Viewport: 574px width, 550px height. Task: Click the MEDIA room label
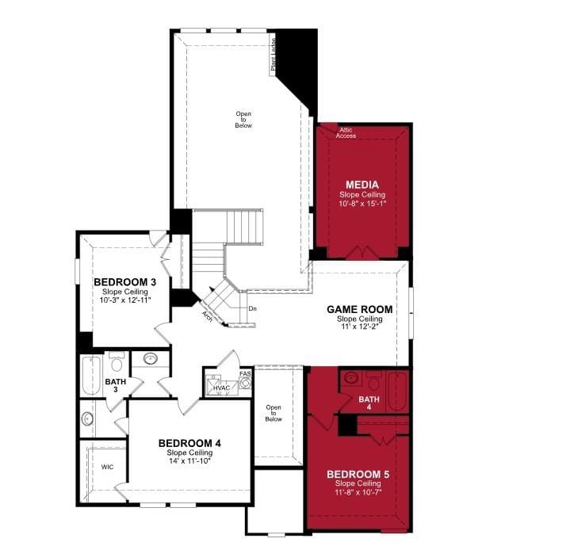362,185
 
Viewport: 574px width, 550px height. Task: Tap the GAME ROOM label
359,310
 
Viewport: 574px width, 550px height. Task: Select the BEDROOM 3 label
124,282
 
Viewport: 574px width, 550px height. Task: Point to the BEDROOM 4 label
189,443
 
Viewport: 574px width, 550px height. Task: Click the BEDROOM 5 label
358,475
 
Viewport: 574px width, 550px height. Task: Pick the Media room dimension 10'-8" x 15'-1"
362,204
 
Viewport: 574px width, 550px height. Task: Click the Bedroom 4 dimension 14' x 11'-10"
189,460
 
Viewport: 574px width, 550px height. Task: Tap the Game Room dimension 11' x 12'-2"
359,327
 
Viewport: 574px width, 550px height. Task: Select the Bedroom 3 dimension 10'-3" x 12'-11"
125,300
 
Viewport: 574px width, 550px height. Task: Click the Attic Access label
346,133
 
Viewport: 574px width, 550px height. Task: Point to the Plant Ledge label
273,55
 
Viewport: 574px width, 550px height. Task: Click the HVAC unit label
221,388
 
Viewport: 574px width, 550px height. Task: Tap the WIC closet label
107,467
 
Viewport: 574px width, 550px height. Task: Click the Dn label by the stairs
253,309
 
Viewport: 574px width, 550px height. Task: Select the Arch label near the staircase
207,316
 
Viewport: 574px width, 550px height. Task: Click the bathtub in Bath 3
91,376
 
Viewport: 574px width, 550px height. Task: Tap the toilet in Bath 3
117,361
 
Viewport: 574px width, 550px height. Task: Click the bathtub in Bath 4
397,391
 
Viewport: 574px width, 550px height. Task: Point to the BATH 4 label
369,403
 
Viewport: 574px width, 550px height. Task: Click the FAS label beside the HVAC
245,374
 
